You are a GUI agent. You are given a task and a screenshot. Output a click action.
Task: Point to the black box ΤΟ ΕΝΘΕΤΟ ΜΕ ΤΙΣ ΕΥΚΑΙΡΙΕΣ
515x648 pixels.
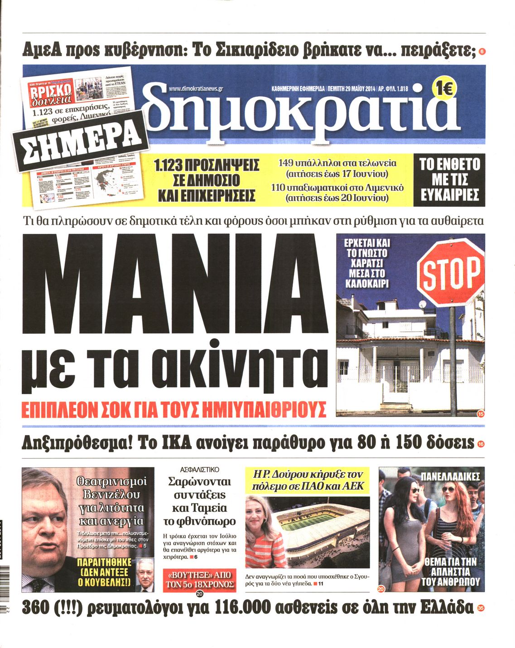point(449,179)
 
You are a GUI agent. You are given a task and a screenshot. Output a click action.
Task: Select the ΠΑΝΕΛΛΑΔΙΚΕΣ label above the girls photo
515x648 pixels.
point(450,476)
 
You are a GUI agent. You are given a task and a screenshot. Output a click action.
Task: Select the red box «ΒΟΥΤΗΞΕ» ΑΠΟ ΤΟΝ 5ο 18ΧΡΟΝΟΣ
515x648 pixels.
point(199,580)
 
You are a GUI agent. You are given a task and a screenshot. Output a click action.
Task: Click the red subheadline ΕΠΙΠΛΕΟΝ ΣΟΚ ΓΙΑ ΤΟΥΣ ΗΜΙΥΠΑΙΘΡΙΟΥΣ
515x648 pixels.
point(173,408)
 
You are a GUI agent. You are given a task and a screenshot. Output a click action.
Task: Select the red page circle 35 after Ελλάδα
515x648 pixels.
point(481,609)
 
